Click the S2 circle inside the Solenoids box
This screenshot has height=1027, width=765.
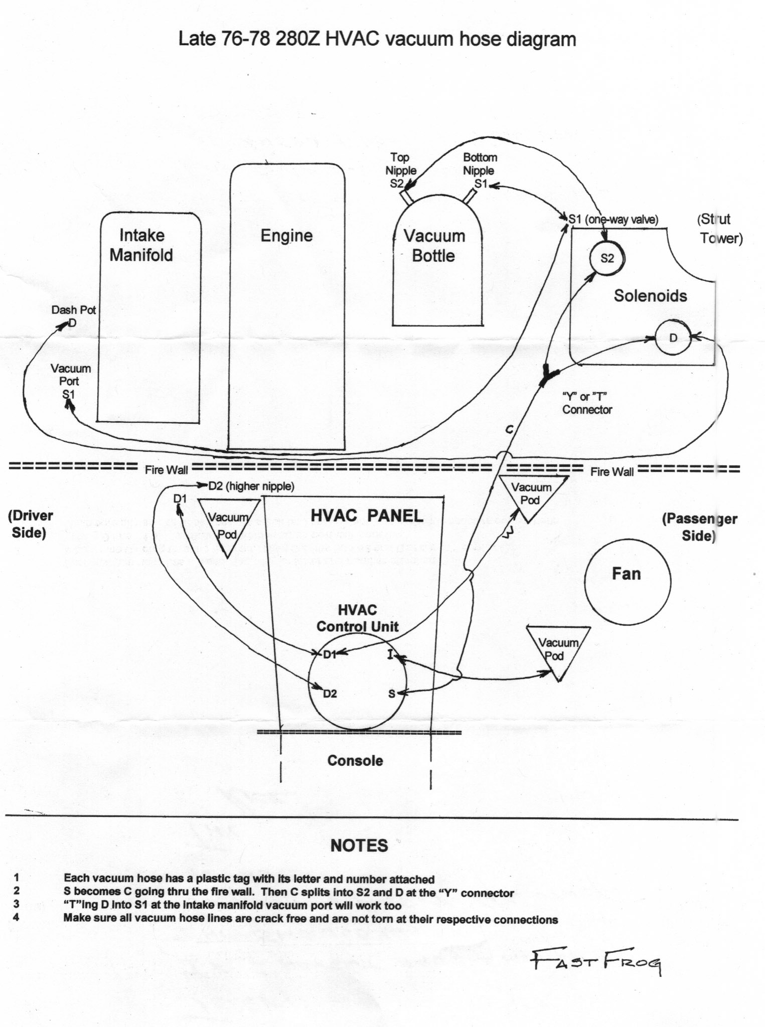[x=607, y=258]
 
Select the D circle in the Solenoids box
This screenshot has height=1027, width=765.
[x=673, y=337]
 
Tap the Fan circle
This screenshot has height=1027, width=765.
[x=627, y=581]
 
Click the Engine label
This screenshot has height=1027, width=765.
[x=286, y=236]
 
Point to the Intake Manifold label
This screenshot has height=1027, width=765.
[x=141, y=245]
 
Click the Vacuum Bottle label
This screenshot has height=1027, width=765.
[x=434, y=246]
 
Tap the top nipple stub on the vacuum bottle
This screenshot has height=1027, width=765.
[x=406, y=197]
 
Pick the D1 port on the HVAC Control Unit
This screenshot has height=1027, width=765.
[x=329, y=654]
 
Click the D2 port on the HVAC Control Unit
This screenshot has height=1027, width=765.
[x=329, y=694]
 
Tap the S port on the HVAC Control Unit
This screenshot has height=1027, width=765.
[x=392, y=694]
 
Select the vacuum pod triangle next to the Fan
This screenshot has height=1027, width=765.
[x=558, y=649]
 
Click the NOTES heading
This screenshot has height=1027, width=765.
[x=359, y=845]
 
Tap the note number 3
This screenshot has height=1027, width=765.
[x=17, y=906]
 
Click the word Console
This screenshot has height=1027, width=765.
[x=355, y=761]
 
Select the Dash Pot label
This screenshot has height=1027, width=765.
[x=73, y=310]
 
